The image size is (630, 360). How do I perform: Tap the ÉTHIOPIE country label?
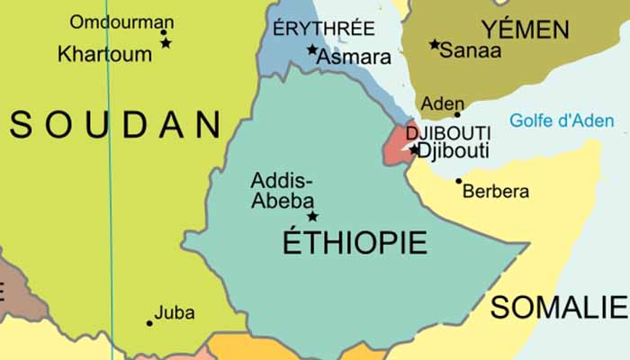tap(355, 242)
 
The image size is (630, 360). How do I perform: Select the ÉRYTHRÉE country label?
tap(323, 28)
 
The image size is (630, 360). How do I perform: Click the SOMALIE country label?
tap(557, 307)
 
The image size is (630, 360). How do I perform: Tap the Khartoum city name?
tap(104, 54)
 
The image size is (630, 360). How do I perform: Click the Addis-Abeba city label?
tap(282, 189)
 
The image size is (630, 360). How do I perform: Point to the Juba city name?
tap(174, 313)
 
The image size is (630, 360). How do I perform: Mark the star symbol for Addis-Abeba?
tap(312, 216)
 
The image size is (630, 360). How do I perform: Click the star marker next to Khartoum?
tap(166, 43)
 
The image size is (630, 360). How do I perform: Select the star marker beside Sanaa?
tap(435, 44)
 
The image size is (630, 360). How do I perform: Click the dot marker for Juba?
tap(149, 322)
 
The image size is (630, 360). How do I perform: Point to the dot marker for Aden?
tap(457, 114)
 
